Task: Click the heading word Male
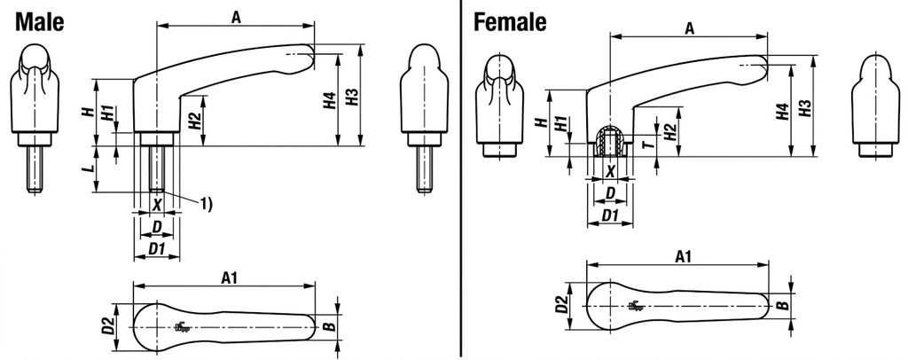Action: pos(39,22)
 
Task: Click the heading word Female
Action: pos(510,22)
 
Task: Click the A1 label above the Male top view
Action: pos(230,278)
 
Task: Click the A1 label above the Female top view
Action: pos(684,256)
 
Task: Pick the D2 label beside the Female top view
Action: pos(561,305)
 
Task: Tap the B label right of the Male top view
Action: pos(329,327)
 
